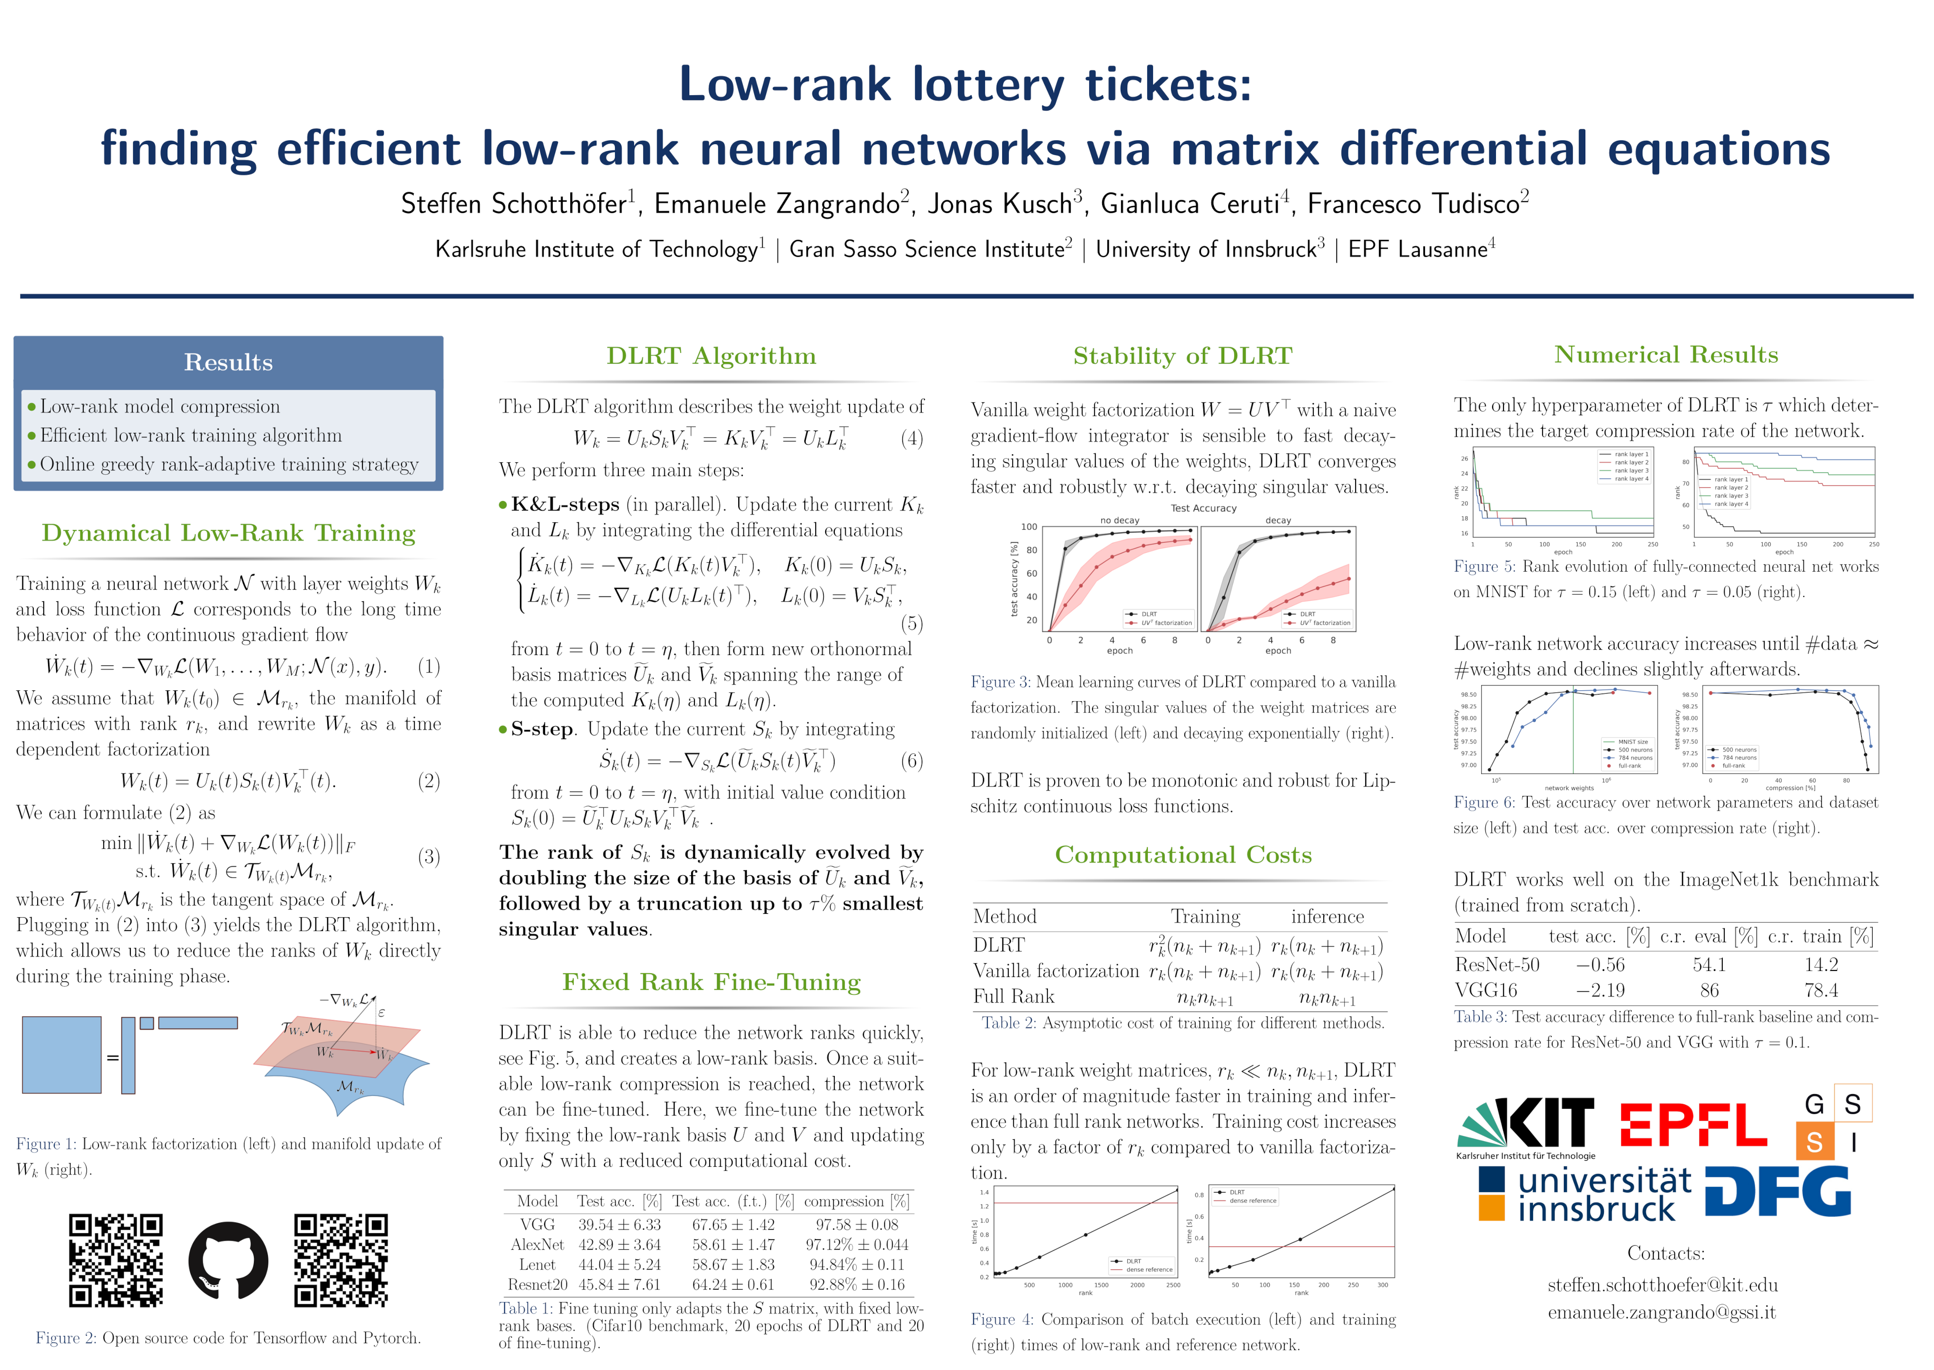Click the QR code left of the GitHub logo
[x=116, y=1260]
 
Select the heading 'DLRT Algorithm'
[x=711, y=356]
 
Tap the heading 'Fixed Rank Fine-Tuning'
[x=711, y=982]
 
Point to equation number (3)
[x=429, y=857]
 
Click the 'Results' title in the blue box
[x=229, y=363]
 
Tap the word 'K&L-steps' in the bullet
[x=565, y=504]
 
